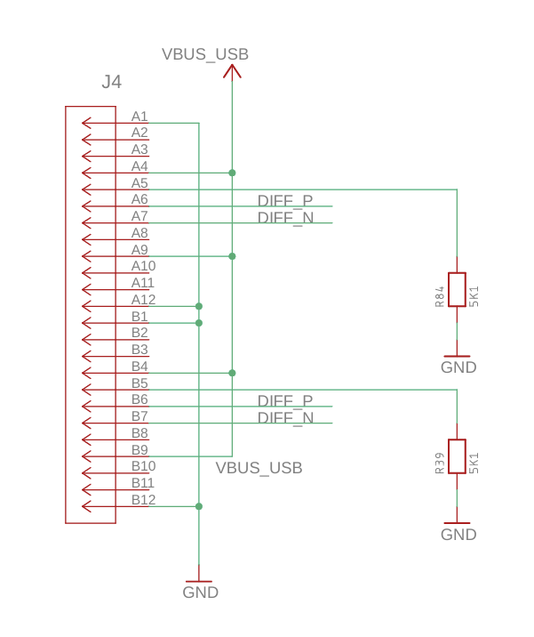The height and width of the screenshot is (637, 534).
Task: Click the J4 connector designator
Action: point(111,83)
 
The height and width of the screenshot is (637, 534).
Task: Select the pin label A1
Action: point(139,117)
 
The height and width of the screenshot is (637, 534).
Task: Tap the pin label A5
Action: point(139,183)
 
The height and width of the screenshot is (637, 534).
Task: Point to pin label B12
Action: point(143,499)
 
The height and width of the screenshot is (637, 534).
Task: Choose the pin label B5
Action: point(139,383)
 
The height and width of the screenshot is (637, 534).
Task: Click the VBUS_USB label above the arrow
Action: point(205,54)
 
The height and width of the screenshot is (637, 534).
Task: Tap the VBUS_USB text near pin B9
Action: point(259,467)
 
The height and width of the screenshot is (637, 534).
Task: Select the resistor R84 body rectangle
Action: point(457,289)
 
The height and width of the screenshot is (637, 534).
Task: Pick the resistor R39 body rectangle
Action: point(457,456)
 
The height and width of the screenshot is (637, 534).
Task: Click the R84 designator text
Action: point(440,296)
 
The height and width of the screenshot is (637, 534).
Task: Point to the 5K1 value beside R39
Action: point(474,463)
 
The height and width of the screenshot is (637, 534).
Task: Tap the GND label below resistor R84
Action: point(458,367)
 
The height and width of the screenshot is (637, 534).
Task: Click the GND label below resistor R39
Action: point(458,535)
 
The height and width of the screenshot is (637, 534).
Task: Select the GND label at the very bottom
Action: point(200,593)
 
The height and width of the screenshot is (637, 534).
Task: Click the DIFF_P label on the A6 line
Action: point(285,200)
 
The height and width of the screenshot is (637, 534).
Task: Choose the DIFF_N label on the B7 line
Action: point(285,417)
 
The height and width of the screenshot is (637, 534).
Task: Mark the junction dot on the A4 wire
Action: point(232,173)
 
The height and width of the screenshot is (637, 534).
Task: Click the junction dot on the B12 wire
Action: point(199,506)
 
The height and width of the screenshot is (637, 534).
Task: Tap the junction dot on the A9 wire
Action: point(232,256)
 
